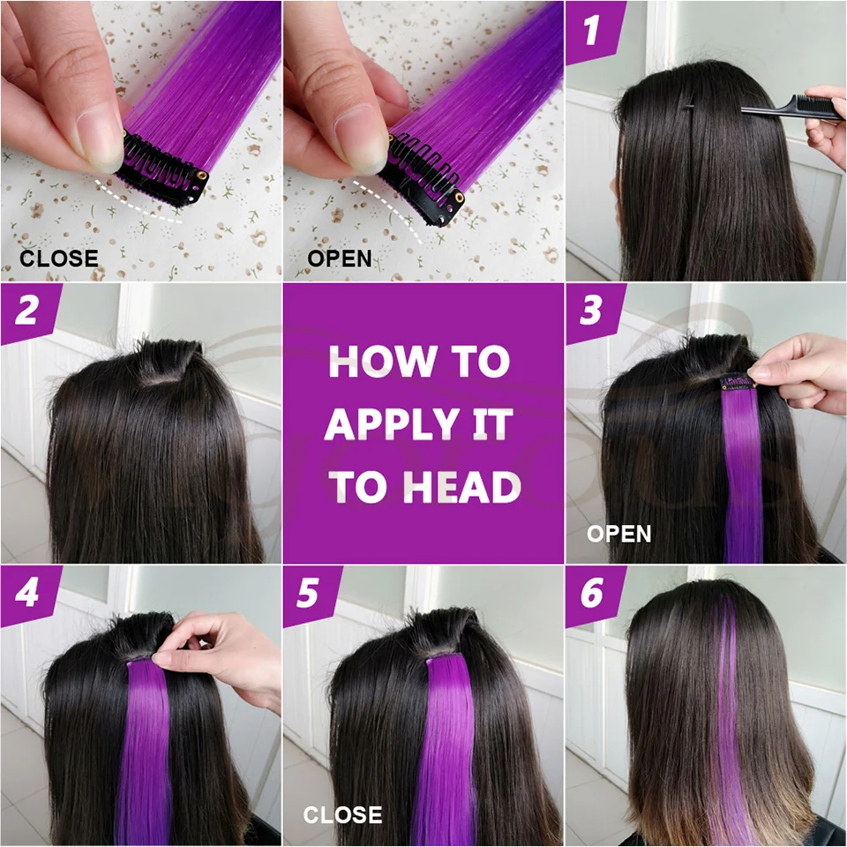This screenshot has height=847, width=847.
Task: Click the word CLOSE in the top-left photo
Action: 58,259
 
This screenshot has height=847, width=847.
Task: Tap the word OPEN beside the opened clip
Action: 340,259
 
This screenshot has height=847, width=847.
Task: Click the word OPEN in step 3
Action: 618,534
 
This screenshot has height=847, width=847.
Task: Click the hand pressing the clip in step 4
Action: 221,648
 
